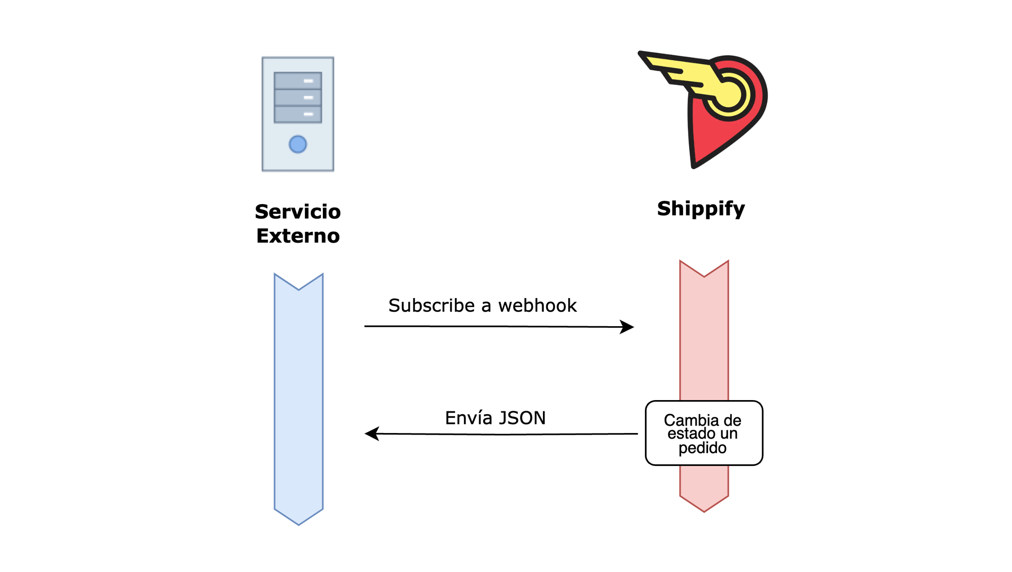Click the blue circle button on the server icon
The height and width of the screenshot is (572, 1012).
coord(298,144)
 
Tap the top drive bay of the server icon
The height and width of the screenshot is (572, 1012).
coord(298,81)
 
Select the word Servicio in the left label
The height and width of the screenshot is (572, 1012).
coord(298,212)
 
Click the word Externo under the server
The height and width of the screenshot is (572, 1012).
coord(298,236)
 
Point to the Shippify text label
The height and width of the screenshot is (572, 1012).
coord(701,209)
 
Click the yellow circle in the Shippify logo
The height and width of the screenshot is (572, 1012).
coord(729,94)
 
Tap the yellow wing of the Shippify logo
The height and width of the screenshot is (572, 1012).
coord(676,70)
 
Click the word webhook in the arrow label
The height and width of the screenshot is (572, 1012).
coord(537,306)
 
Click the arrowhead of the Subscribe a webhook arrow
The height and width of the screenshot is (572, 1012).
coord(628,327)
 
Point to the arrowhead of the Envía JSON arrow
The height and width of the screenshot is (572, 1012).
coord(371,434)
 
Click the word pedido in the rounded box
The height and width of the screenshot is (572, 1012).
coord(703,448)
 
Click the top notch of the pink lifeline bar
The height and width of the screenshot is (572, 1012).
coord(704,275)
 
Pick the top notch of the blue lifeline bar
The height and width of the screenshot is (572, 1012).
coord(299,288)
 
